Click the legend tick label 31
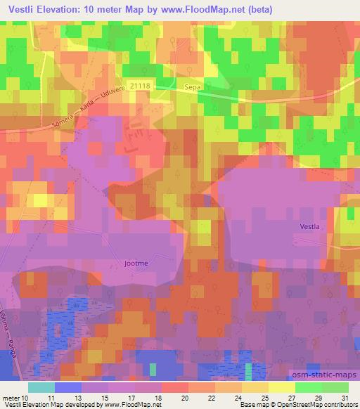click(344, 397)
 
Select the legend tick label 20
click(184, 397)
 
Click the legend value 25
click(264, 397)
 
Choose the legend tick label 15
click(104, 397)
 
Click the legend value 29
click(317, 397)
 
